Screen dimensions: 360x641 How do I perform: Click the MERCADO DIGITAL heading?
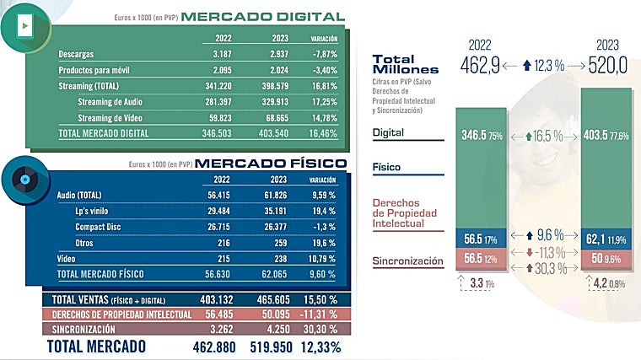point(262,17)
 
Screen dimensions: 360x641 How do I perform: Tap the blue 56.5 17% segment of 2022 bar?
point(481,239)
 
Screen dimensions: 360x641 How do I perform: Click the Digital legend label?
point(388,132)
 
